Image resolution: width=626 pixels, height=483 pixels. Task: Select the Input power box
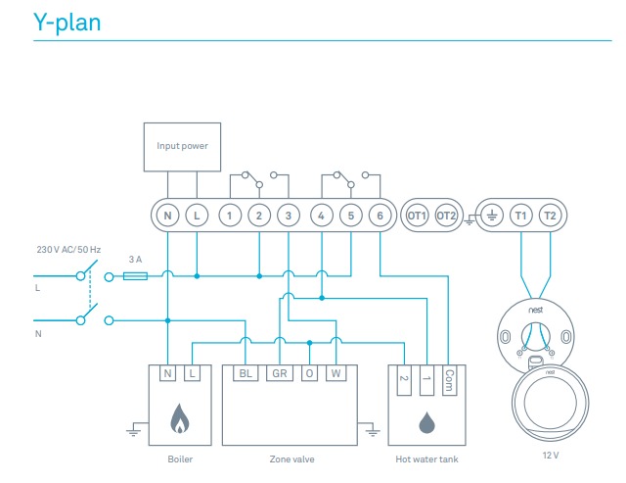182,146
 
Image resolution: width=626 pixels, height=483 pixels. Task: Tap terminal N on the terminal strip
167,215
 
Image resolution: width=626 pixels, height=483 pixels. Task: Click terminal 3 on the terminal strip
288,215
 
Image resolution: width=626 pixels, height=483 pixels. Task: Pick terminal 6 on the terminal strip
379,215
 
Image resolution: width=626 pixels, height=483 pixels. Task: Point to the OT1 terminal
417,215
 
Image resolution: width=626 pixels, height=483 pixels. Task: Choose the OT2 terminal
446,215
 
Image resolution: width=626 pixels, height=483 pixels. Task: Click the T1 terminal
520,215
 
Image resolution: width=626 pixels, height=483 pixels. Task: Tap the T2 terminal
550,215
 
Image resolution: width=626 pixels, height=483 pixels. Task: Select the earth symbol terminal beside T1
491,215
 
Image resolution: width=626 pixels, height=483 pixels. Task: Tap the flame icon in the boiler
179,420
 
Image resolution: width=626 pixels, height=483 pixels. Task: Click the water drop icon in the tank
426,421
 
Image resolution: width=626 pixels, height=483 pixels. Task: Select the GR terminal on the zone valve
280,373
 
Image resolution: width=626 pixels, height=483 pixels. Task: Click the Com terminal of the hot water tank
449,376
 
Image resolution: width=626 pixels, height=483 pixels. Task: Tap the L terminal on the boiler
192,373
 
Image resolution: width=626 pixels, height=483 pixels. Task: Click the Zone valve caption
291,458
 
